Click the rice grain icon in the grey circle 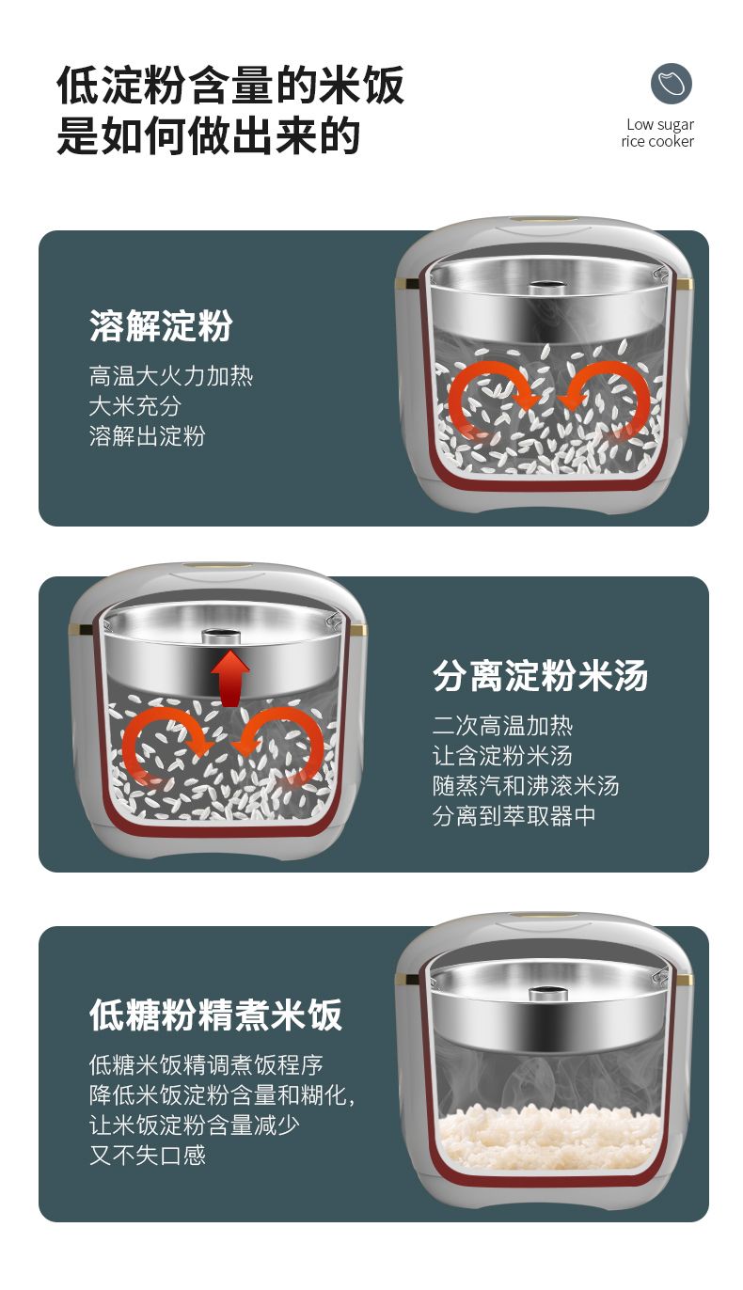[x=671, y=83]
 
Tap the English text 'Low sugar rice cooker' [x=657, y=133]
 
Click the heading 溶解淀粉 [x=161, y=326]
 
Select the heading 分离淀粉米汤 [x=540, y=675]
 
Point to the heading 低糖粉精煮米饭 [x=216, y=1015]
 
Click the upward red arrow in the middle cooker [x=230, y=678]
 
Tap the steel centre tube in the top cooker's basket [x=546, y=287]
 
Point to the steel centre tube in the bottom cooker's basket [x=546, y=993]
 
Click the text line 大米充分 [x=135, y=405]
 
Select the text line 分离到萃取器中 [x=514, y=815]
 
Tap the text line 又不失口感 [x=148, y=1154]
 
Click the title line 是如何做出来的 [x=209, y=136]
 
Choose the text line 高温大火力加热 [x=171, y=375]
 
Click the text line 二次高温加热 [x=502, y=725]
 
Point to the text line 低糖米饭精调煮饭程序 [x=206, y=1064]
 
